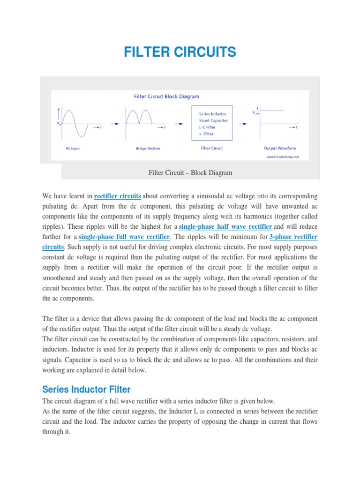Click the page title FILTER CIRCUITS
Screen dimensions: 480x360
[180, 52]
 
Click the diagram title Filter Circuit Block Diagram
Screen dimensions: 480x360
[166, 97]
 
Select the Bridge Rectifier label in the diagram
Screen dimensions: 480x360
[148, 148]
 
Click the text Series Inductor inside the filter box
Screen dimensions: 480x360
[212, 114]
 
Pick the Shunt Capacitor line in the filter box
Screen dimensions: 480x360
[213, 120]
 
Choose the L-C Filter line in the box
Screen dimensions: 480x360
[208, 127]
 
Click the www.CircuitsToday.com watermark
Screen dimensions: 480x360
[283, 157]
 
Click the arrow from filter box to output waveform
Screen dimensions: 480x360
[244, 124]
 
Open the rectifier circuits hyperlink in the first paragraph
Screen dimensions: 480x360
[118, 196]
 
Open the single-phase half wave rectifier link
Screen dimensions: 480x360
[225, 227]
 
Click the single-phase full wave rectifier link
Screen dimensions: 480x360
[124, 237]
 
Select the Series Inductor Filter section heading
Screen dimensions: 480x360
[86, 390]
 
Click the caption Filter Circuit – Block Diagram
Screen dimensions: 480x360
[190, 173]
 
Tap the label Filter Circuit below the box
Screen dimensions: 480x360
[211, 148]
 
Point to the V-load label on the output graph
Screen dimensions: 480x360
[255, 112]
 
